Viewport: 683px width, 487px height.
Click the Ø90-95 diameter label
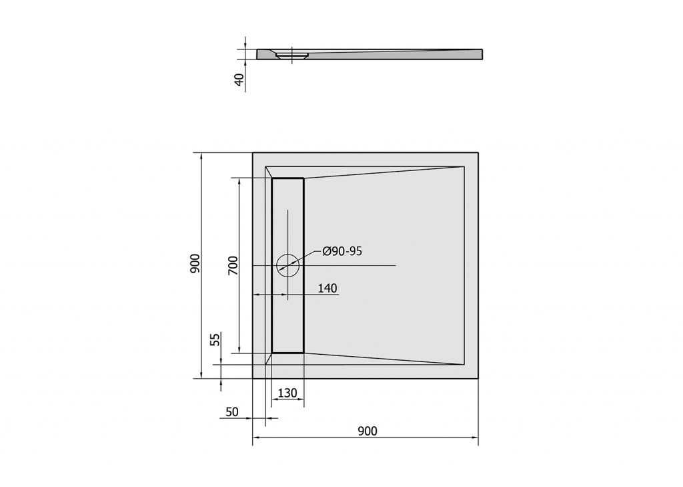pyautogui.click(x=341, y=251)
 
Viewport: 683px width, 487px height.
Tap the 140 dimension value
pyautogui.click(x=327, y=288)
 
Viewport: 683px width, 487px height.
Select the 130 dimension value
pyautogui.click(x=287, y=393)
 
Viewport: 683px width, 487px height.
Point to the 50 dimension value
pyautogui.click(x=232, y=412)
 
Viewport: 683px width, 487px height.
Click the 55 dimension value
pyautogui.click(x=215, y=339)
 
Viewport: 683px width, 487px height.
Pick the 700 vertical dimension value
pyautogui.click(x=233, y=266)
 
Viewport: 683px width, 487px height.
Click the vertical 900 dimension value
pyautogui.click(x=194, y=265)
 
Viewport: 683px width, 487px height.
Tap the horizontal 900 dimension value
pyautogui.click(x=367, y=431)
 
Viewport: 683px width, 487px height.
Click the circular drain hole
pyautogui.click(x=288, y=265)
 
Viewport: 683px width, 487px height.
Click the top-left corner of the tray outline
pyautogui.click(x=253, y=153)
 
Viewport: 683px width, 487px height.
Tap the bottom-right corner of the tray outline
pyautogui.click(x=478, y=378)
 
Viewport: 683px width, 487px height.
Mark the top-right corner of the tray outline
pyautogui.click(x=478, y=153)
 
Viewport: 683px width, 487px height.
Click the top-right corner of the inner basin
pyautogui.click(x=464, y=166)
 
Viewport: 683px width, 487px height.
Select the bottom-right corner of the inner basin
pyautogui.click(x=464, y=365)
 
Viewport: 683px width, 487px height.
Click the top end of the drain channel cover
pyautogui.click(x=287, y=179)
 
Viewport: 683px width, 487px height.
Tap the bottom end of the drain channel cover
pyautogui.click(x=287, y=351)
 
